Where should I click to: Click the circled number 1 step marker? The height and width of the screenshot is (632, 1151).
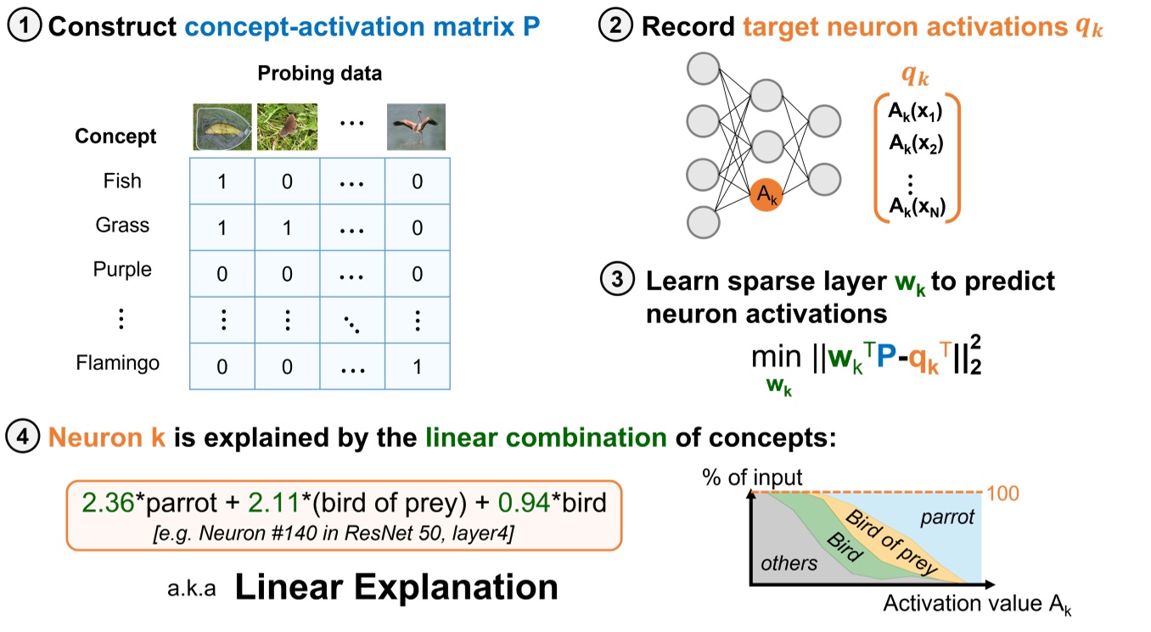click(26, 26)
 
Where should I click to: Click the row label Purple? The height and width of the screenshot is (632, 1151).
click(122, 270)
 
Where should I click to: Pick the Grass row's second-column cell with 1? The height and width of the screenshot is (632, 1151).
click(286, 227)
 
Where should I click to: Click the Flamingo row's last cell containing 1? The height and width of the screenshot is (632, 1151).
click(416, 366)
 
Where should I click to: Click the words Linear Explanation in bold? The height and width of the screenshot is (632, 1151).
click(396, 587)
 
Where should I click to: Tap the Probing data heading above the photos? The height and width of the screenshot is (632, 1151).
click(320, 73)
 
